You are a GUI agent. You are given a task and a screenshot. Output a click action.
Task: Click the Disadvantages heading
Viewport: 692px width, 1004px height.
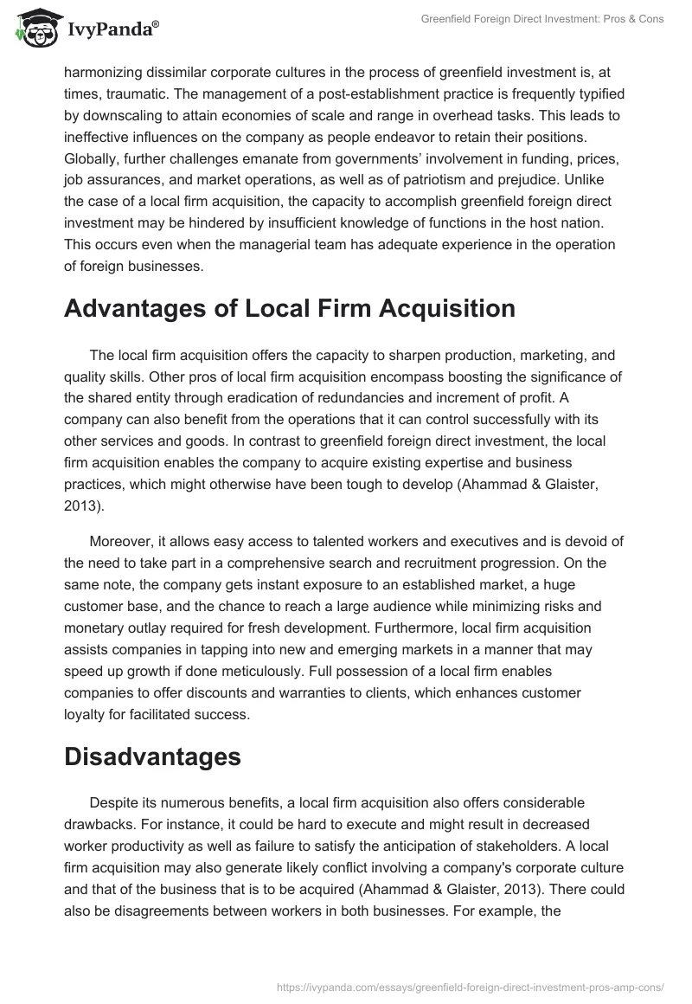point(151,756)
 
